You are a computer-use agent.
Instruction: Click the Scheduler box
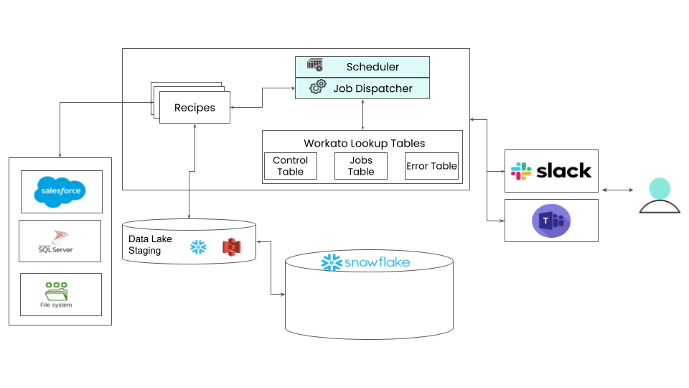(362, 67)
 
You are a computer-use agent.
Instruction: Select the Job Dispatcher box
(362, 88)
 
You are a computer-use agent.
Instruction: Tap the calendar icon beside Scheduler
(314, 65)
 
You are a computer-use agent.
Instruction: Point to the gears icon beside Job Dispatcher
(317, 88)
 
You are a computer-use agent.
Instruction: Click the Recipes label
(194, 108)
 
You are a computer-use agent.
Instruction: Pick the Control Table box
(291, 166)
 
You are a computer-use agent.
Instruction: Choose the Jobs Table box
(361, 166)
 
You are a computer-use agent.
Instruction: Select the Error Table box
(431, 166)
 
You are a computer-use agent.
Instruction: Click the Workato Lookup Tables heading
(365, 144)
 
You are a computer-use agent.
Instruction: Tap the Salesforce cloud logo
(61, 192)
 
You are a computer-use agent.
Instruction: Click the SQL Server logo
(56, 241)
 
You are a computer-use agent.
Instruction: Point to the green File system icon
(56, 291)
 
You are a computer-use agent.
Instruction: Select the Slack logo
(551, 171)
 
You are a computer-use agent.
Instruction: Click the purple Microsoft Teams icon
(551, 221)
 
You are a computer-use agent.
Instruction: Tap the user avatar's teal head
(660, 189)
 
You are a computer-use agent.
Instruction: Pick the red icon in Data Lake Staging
(231, 246)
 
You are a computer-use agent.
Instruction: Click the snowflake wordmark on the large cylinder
(366, 262)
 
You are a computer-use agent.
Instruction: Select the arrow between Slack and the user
(617, 190)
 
